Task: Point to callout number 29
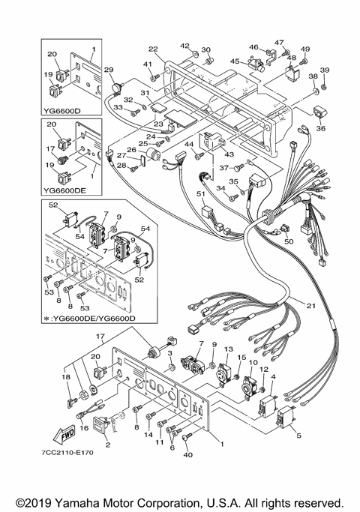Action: pos(109,70)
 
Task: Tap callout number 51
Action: pos(201,194)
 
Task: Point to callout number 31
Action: pos(145,94)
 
